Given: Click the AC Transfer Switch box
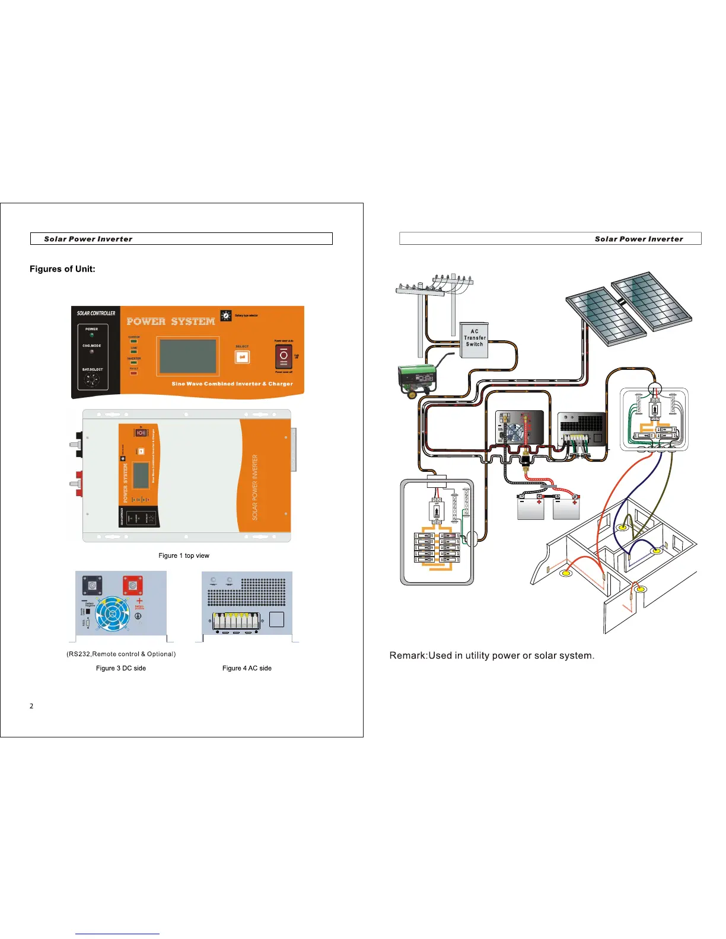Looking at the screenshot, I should [474, 340].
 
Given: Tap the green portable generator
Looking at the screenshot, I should [418, 379].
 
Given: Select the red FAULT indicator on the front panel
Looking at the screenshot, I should [133, 373].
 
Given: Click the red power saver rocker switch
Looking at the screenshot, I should [283, 356].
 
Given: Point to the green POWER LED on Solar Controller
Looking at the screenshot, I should [91, 335].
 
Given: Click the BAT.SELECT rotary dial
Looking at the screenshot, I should [91, 380].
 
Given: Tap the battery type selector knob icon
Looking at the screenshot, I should [226, 315].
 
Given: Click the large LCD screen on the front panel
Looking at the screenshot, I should [187, 356].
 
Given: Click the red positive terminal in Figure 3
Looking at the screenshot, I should [132, 585].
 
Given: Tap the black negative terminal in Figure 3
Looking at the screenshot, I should [92, 585].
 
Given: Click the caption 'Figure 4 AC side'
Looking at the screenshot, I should [247, 668].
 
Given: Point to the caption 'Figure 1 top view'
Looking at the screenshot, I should [184, 555].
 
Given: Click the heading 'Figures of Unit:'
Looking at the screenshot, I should [62, 269].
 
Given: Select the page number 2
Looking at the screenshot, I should [31, 706].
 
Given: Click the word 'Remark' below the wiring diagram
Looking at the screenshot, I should [407, 656].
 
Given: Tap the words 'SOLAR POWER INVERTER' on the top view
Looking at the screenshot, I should [255, 487].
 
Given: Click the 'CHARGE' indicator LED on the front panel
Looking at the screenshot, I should [134, 341].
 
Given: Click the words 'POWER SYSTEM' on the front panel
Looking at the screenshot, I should [171, 321].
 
